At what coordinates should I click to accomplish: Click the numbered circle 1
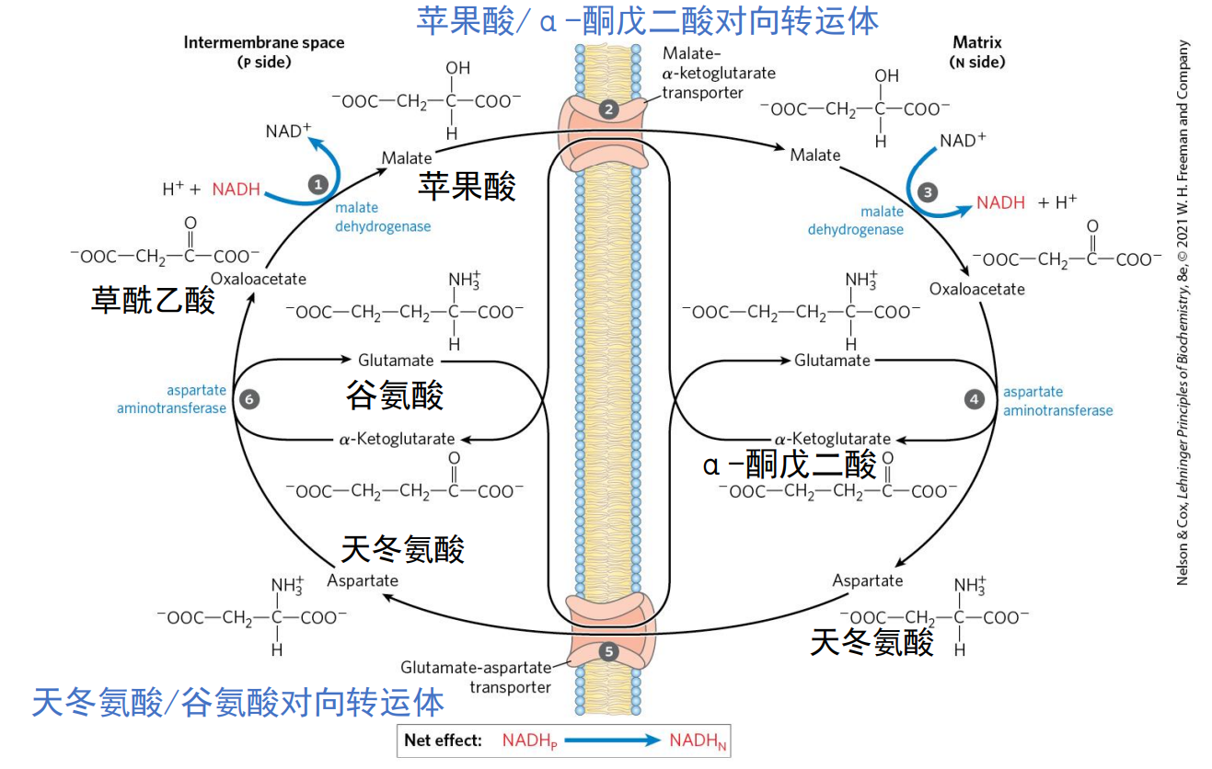pyautogui.click(x=318, y=183)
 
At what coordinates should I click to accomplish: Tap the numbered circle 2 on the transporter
pyautogui.click(x=608, y=109)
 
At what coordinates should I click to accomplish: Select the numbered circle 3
pyautogui.click(x=928, y=192)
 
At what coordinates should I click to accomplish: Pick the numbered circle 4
pyautogui.click(x=975, y=399)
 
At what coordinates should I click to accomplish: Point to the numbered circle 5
pyautogui.click(x=608, y=650)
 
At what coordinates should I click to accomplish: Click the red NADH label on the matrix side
pyautogui.click(x=1000, y=202)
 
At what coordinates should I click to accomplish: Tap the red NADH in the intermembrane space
pyautogui.click(x=237, y=189)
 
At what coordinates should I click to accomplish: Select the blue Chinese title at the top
pyautogui.click(x=647, y=20)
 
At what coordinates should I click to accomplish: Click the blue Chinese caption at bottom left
pyautogui.click(x=237, y=703)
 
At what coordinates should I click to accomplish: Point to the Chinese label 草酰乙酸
pyautogui.click(x=153, y=300)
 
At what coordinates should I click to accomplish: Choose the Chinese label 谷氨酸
pyautogui.click(x=395, y=396)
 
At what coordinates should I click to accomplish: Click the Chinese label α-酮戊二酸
pyautogui.click(x=790, y=465)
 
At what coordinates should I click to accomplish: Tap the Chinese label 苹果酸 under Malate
pyautogui.click(x=467, y=186)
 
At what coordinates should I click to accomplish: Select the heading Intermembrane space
pyautogui.click(x=263, y=43)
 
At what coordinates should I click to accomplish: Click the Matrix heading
pyautogui.click(x=976, y=43)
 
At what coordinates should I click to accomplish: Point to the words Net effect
pyautogui.click(x=443, y=740)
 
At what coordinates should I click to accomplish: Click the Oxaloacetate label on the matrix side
pyautogui.click(x=976, y=289)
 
